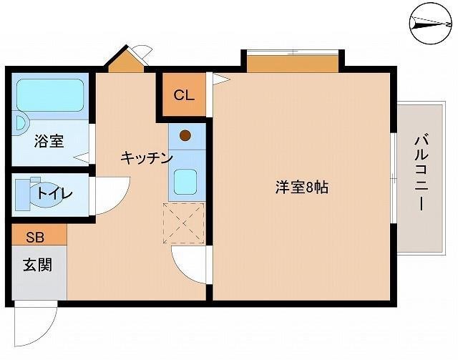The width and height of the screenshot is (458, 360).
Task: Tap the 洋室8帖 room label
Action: click(302, 188)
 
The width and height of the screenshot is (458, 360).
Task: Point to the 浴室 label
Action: click(49, 141)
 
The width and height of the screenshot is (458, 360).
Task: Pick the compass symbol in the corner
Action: click(432, 24)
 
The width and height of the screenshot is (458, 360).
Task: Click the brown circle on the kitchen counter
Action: click(185, 134)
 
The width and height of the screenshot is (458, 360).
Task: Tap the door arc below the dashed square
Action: click(188, 266)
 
